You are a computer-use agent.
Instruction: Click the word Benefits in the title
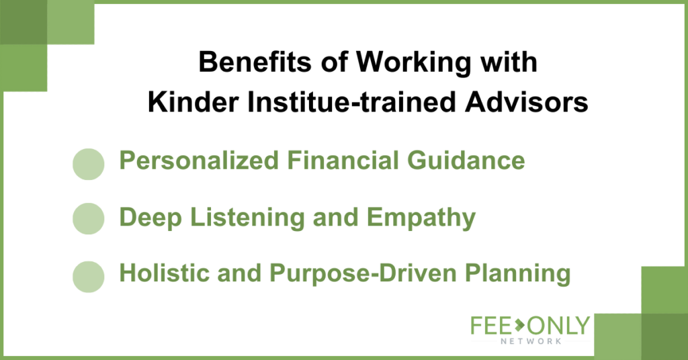coord(255,62)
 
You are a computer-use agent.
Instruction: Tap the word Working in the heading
coord(413,62)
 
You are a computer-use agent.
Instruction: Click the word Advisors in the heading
coord(526,103)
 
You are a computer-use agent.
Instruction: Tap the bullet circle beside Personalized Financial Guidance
coord(88,164)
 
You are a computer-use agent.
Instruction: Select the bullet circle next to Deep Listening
coord(88,218)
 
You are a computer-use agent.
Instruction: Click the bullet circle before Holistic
coord(88,277)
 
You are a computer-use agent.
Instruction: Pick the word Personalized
coord(199,160)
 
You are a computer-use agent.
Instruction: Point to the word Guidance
coord(466,160)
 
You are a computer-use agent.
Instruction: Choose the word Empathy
coord(421,218)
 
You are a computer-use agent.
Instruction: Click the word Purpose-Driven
coord(363,273)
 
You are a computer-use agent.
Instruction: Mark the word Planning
coord(518,273)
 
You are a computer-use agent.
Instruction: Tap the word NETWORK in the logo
coord(531,341)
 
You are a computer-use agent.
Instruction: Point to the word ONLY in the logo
coord(558,326)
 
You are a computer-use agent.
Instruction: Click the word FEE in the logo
coord(491,326)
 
